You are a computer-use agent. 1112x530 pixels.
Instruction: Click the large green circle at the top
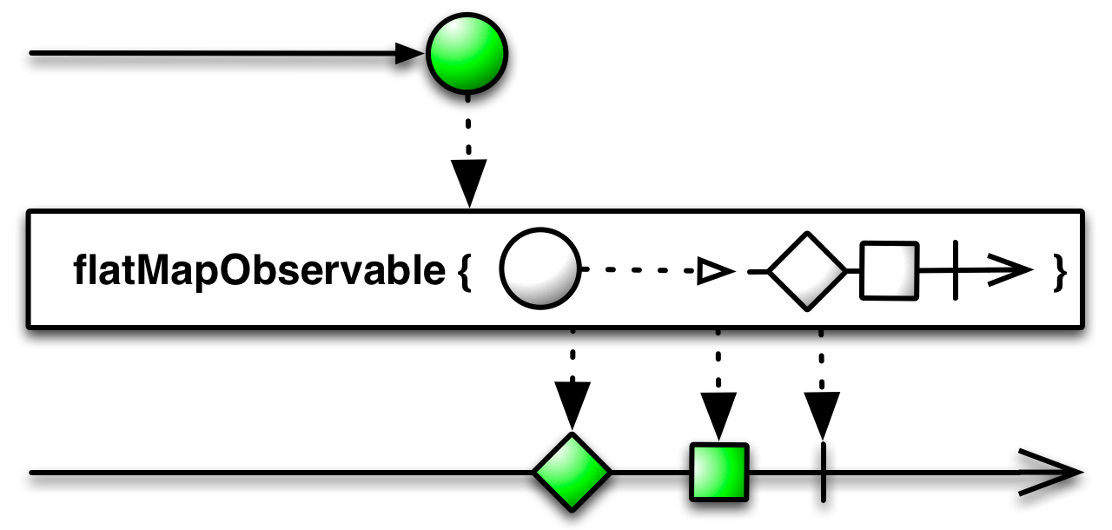coord(467,54)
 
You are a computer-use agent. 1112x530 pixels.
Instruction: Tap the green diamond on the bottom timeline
coord(572,472)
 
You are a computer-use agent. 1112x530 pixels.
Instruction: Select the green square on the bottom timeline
coord(718,472)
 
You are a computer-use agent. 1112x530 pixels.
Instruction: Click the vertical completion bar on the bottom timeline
coord(823,472)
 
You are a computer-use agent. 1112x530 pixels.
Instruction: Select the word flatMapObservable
coord(259,270)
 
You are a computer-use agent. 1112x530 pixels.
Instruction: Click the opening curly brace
coord(464,272)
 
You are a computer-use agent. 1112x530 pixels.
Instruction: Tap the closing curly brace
coord(1059,272)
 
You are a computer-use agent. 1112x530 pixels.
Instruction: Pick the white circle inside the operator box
coord(540,269)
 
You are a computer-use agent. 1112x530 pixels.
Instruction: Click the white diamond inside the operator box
coord(807,271)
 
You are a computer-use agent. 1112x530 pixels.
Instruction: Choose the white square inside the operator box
coord(889,270)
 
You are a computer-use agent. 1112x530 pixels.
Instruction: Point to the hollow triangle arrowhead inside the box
coord(715,271)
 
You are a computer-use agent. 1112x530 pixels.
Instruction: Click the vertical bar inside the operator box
coord(956,270)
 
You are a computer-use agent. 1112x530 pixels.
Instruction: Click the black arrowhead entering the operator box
coord(468,182)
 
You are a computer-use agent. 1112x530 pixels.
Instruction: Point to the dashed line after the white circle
coord(639,270)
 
